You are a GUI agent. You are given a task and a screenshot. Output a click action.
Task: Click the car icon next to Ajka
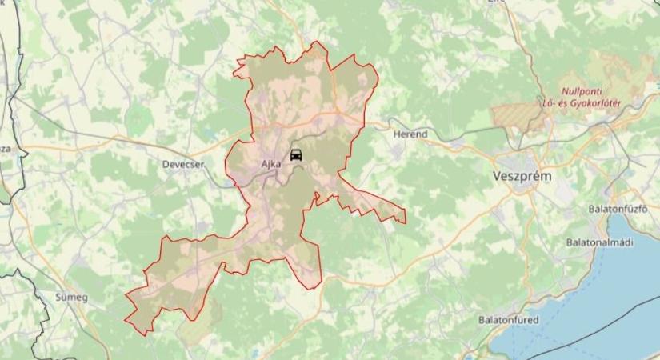pos(296,155)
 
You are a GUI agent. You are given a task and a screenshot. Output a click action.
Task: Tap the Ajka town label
pos(271,163)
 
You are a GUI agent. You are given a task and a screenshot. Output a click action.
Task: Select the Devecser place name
pos(183,163)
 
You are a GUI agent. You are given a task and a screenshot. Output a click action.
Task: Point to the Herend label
pos(410,134)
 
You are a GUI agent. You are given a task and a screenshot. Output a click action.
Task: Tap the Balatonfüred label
pos(508,320)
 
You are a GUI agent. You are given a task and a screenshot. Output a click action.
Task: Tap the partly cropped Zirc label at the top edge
pos(497,2)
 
